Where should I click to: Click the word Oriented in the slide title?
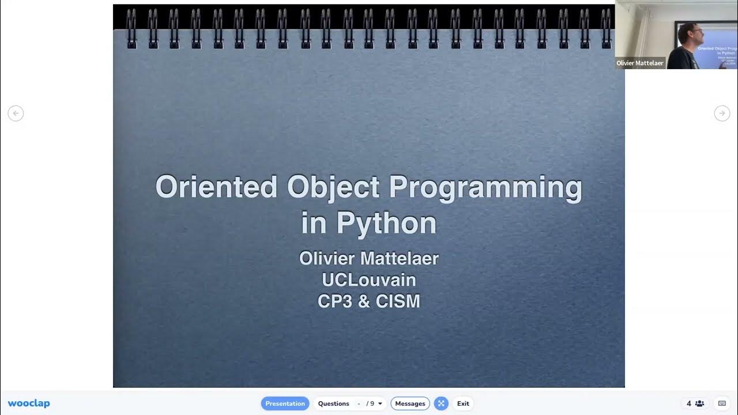click(216, 187)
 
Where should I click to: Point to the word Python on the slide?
click(386, 224)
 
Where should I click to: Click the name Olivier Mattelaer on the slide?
click(369, 258)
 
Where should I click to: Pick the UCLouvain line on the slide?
click(369, 280)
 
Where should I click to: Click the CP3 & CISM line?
click(369, 301)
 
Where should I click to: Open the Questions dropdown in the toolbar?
click(349, 403)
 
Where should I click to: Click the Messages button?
click(410, 403)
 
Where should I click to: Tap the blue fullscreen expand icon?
click(441, 403)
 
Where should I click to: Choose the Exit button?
click(463, 403)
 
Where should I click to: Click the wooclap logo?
click(29, 403)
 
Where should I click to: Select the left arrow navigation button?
click(16, 114)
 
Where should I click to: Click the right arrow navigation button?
click(722, 114)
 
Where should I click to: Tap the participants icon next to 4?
click(699, 403)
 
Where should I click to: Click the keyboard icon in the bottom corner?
click(722, 403)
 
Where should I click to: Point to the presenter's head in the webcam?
click(689, 33)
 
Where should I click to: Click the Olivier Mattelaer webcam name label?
click(640, 63)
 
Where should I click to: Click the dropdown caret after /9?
click(380, 403)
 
